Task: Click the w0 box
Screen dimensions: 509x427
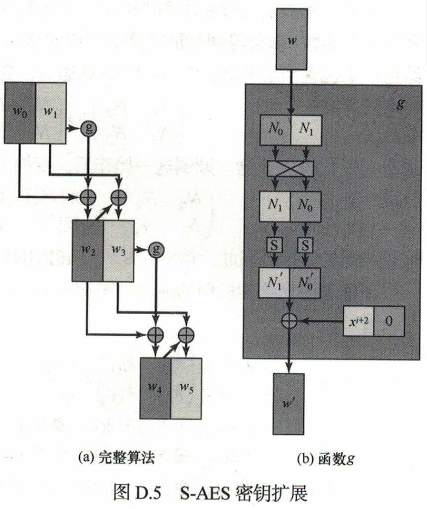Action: click(20, 113)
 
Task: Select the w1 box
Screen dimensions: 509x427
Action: click(50, 113)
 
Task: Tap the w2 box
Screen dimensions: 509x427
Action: click(87, 250)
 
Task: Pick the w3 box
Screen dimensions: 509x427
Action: click(119, 250)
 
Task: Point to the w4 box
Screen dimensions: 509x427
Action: click(155, 388)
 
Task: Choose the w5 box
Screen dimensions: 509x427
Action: click(187, 388)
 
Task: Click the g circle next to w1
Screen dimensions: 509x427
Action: click(88, 128)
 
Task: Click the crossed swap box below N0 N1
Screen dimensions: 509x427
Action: click(290, 169)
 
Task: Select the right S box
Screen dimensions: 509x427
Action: click(306, 245)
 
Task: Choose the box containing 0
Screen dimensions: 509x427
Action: click(389, 321)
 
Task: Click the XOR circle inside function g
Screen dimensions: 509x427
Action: click(290, 320)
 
